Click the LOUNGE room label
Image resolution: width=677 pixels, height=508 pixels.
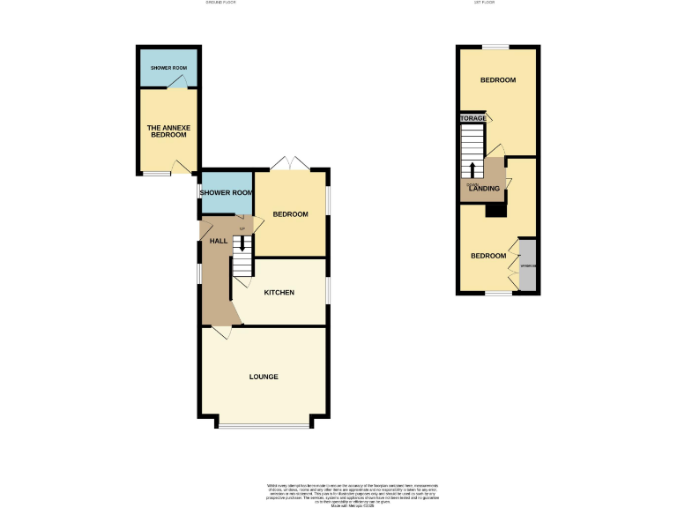click(x=264, y=377)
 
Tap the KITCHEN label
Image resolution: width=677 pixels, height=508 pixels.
click(x=278, y=293)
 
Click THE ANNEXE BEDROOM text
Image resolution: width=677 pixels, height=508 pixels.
click(x=167, y=131)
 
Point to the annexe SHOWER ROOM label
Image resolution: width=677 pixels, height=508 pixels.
click(x=167, y=68)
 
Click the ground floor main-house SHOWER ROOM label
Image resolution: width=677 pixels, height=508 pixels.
click(x=227, y=192)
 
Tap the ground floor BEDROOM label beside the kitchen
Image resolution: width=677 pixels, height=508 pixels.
click(x=290, y=214)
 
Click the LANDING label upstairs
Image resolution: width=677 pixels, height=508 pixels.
click(x=485, y=188)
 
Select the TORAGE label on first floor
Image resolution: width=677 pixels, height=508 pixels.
click(x=472, y=118)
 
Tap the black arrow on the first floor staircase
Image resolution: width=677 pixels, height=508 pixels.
click(x=472, y=169)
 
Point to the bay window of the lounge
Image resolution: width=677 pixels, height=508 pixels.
click(x=264, y=427)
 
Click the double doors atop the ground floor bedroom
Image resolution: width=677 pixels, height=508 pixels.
click(x=290, y=163)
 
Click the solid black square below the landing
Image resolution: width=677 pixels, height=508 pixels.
click(x=495, y=210)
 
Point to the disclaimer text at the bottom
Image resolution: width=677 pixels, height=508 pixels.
click(x=338, y=493)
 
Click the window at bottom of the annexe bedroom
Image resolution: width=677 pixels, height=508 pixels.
click(x=157, y=174)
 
